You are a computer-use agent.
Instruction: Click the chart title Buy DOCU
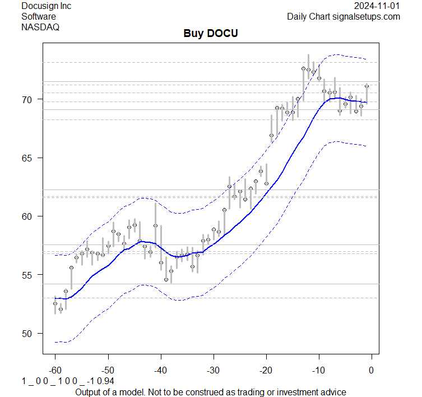[211, 34]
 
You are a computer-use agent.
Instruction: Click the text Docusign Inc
[47, 6]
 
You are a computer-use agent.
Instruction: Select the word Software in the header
[39, 16]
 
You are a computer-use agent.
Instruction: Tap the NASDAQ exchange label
[40, 26]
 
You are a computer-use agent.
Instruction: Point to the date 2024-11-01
[377, 6]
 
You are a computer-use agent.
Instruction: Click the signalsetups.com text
[368, 16]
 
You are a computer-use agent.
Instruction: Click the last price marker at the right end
[367, 86]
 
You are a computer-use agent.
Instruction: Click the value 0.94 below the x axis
[97, 381]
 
